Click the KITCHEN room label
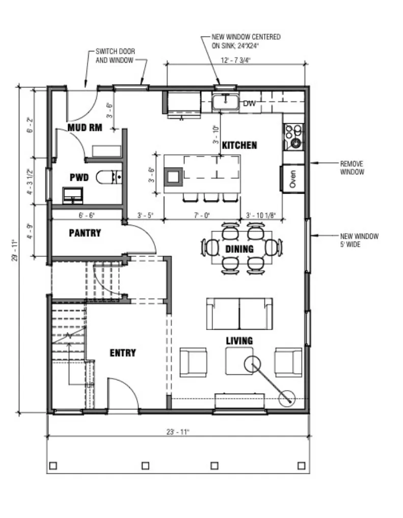(239, 145)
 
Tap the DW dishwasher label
(250, 103)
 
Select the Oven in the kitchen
(292, 178)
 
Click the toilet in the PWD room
(109, 177)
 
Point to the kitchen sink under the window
(226, 102)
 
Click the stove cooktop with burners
(293, 137)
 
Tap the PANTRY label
(85, 233)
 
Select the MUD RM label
(85, 127)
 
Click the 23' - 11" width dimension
(178, 432)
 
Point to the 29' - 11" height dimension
(15, 250)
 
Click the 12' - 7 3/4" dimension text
(235, 60)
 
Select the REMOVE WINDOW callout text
(352, 168)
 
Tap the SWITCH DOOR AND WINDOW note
(115, 56)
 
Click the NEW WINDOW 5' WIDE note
(359, 240)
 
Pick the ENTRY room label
(123, 353)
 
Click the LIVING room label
(239, 341)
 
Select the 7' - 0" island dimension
(202, 215)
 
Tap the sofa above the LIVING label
(239, 314)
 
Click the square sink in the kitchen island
(174, 177)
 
